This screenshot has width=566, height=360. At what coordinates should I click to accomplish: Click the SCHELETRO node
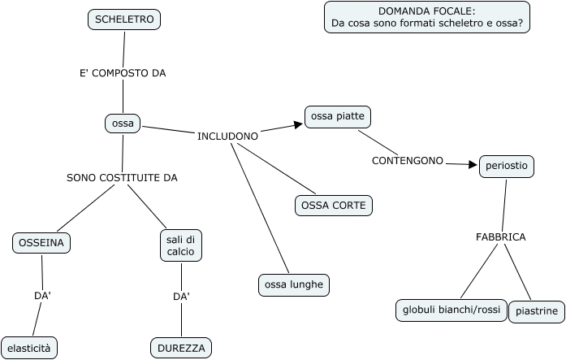[124, 20]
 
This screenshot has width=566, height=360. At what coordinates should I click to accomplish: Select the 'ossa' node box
[123, 124]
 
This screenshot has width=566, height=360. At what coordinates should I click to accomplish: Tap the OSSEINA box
[42, 242]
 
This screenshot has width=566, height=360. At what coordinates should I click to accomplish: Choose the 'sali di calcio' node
[180, 245]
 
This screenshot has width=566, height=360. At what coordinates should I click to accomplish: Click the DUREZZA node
[181, 348]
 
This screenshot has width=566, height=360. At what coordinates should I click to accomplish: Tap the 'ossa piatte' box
[338, 117]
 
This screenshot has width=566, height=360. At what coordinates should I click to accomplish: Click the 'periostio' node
[506, 166]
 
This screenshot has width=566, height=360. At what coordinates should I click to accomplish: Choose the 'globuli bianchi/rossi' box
[451, 310]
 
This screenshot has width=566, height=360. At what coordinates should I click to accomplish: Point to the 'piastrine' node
[537, 311]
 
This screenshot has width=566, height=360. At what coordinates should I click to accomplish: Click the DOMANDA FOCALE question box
[427, 17]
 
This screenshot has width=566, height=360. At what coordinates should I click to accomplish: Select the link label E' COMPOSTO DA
[123, 73]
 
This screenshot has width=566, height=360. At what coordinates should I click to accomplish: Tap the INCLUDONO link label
[228, 136]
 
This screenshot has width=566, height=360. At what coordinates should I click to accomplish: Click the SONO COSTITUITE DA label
[122, 177]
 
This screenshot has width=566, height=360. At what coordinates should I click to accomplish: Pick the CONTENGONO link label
[408, 161]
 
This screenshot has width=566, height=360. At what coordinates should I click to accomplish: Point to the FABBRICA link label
[500, 237]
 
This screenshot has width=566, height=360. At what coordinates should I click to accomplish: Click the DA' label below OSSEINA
[43, 296]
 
